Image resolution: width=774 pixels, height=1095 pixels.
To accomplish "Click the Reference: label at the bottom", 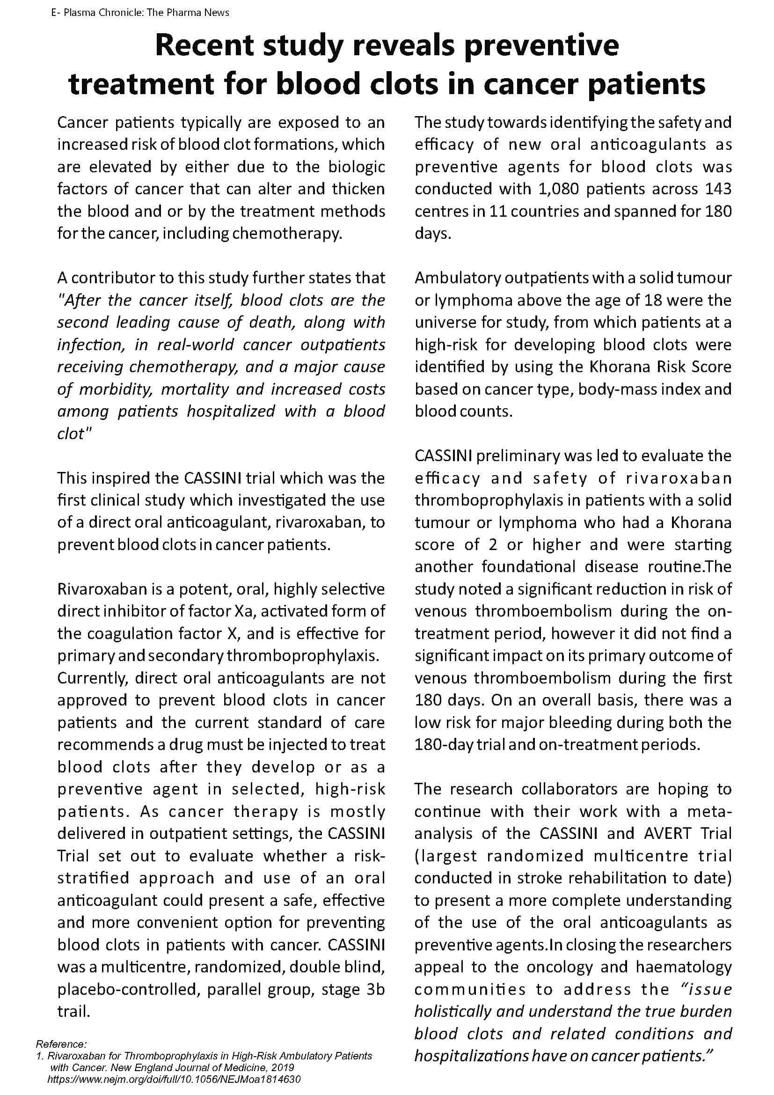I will pyautogui.click(x=61, y=1044).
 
